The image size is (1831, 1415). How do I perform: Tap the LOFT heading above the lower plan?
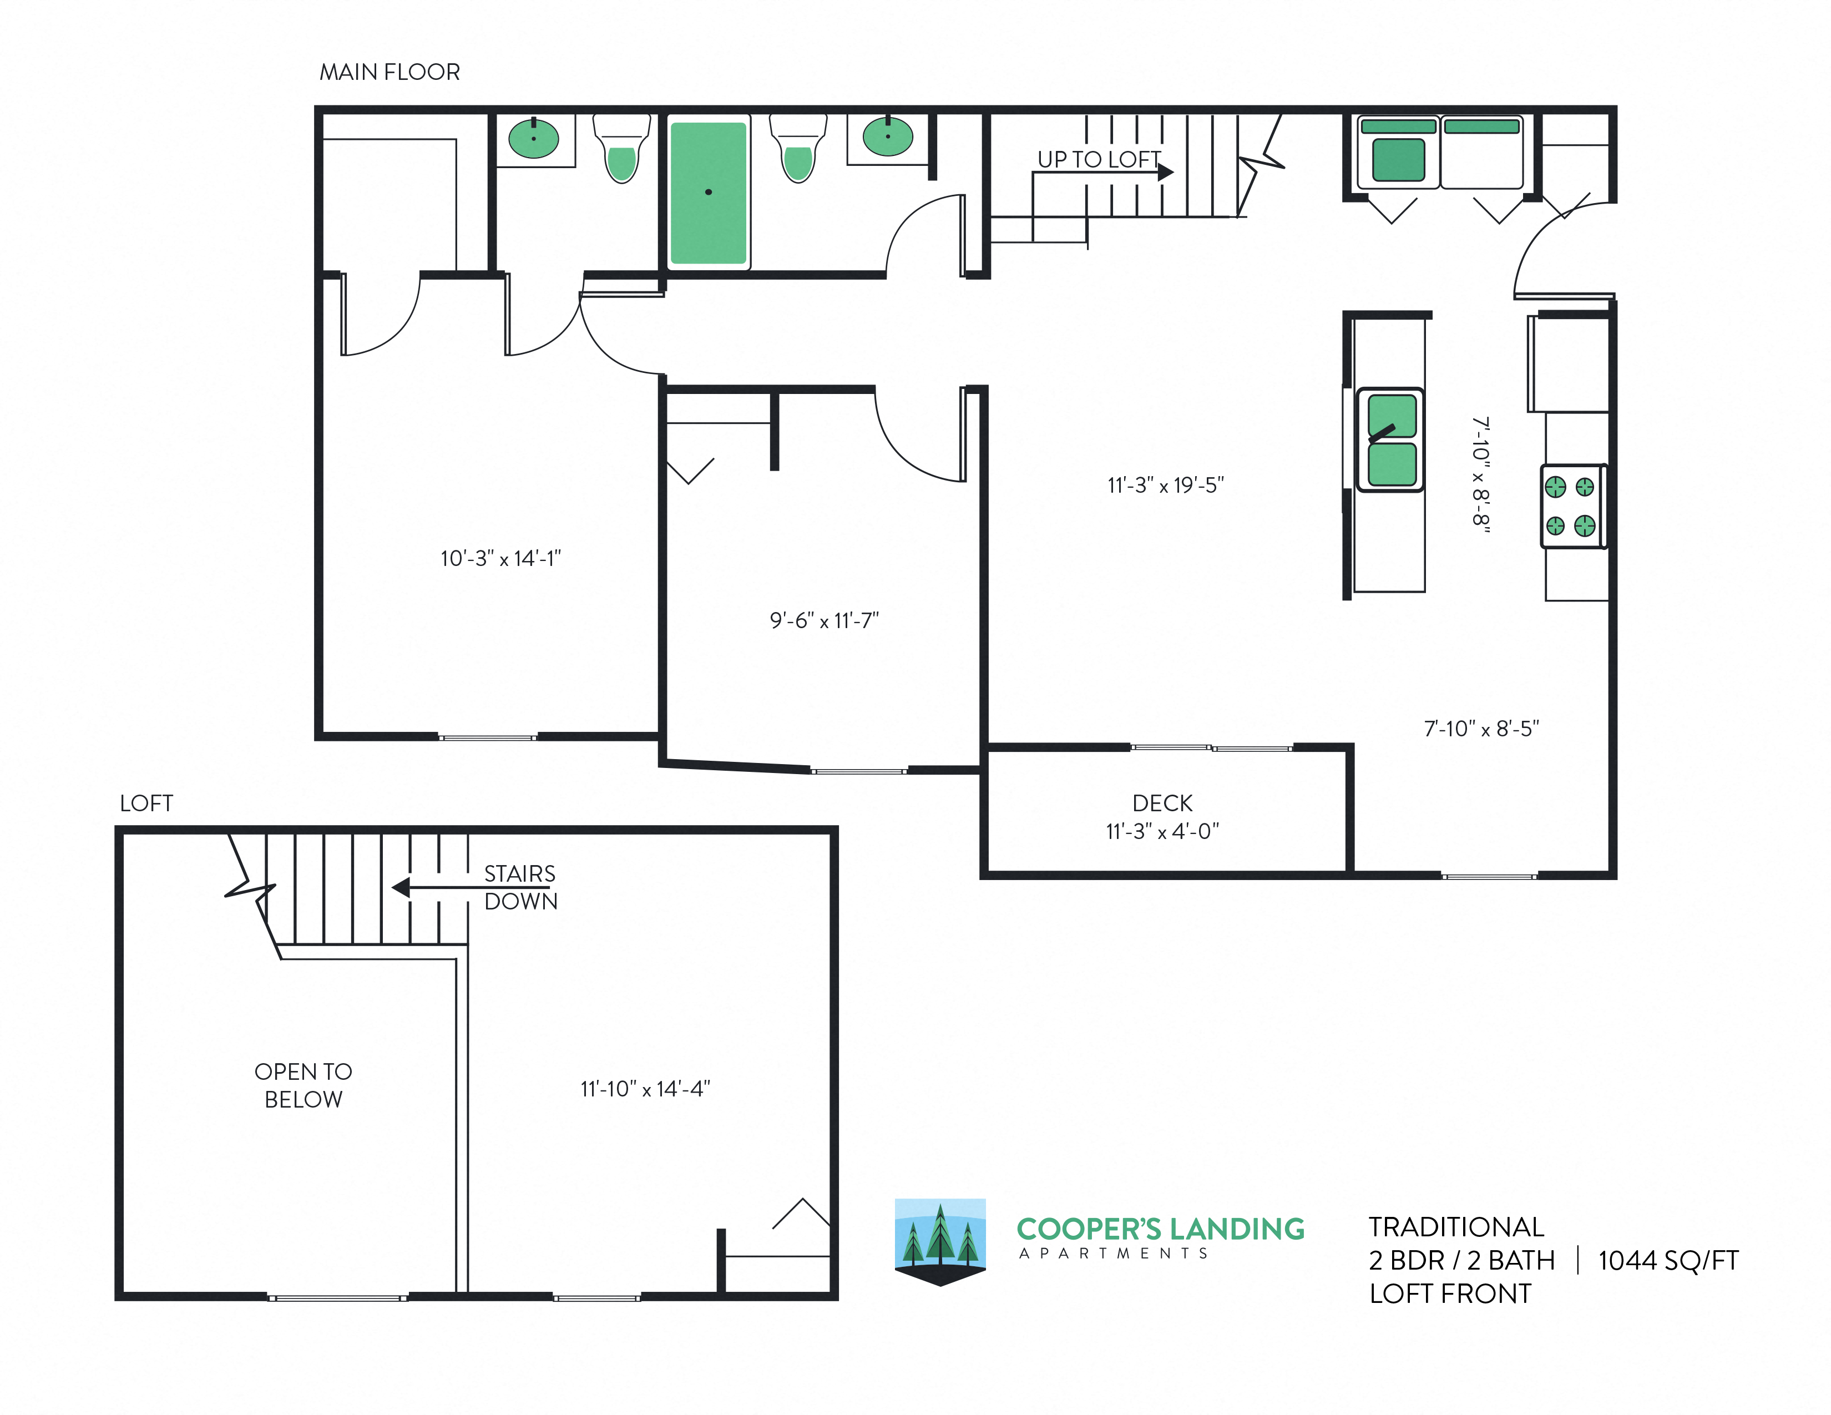tap(146, 803)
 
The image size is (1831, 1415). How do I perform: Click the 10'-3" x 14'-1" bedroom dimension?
tap(500, 558)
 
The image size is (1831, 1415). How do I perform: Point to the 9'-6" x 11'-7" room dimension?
tap(824, 620)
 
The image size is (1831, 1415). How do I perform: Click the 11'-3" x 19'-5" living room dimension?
tap(1165, 484)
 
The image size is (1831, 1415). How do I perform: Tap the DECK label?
tap(1162, 803)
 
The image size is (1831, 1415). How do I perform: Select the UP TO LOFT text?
tap(1098, 159)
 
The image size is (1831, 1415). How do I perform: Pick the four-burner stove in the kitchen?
tap(1571, 506)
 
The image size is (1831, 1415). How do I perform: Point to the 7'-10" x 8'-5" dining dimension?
tap(1481, 729)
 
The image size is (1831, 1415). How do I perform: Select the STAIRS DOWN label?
tap(520, 887)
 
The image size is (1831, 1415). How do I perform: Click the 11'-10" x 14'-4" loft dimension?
tap(645, 1088)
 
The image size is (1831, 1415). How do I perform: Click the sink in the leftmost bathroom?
tap(533, 138)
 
